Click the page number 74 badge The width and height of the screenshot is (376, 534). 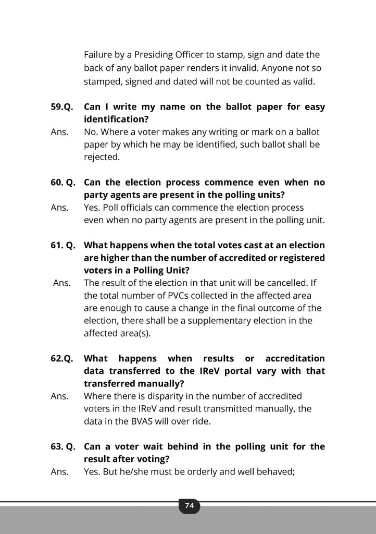(x=189, y=505)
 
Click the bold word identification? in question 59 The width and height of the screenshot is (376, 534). (x=114, y=119)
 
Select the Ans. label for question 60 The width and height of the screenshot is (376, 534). (x=59, y=208)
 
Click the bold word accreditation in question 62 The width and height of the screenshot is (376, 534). (x=295, y=359)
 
